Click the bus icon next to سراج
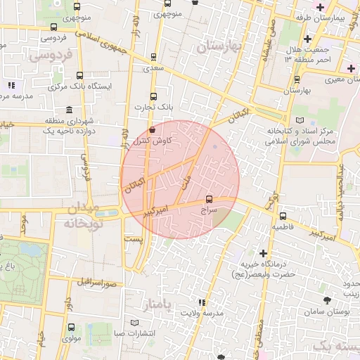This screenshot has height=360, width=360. (209, 199)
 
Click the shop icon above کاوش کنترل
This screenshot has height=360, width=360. (153, 129)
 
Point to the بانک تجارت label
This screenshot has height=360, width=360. (155, 107)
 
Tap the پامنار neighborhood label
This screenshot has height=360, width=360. (157, 304)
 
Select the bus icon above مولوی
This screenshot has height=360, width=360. (71, 327)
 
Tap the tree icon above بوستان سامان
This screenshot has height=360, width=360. (326, 301)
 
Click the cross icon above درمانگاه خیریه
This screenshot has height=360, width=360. (263, 253)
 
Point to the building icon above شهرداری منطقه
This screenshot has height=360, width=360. (69, 110)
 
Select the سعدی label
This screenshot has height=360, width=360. (153, 68)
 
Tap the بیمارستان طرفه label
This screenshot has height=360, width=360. (321, 16)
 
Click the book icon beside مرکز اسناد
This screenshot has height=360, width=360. (302, 121)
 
